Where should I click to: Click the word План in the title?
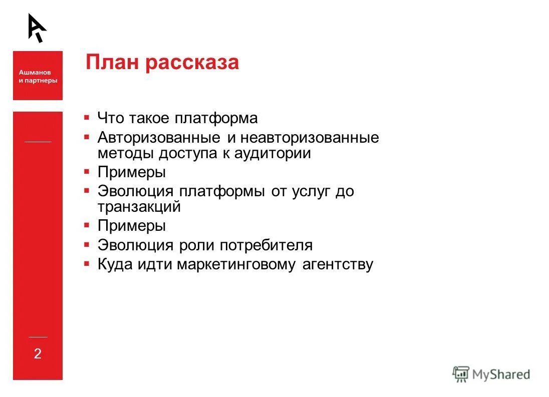tap(112, 63)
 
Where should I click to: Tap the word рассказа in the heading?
tap(192, 63)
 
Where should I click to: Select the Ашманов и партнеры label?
tap(38, 76)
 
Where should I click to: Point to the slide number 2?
tap(38, 354)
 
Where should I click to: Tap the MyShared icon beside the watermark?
tap(461, 374)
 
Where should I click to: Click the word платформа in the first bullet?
tap(216, 119)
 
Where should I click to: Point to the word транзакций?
tap(139, 207)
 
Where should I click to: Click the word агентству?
tap(338, 264)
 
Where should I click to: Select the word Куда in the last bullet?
tap(114, 264)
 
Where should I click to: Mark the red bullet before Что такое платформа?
tap(87, 118)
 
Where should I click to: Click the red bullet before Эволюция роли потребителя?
tap(87, 244)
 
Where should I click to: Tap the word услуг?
tap(314, 191)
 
